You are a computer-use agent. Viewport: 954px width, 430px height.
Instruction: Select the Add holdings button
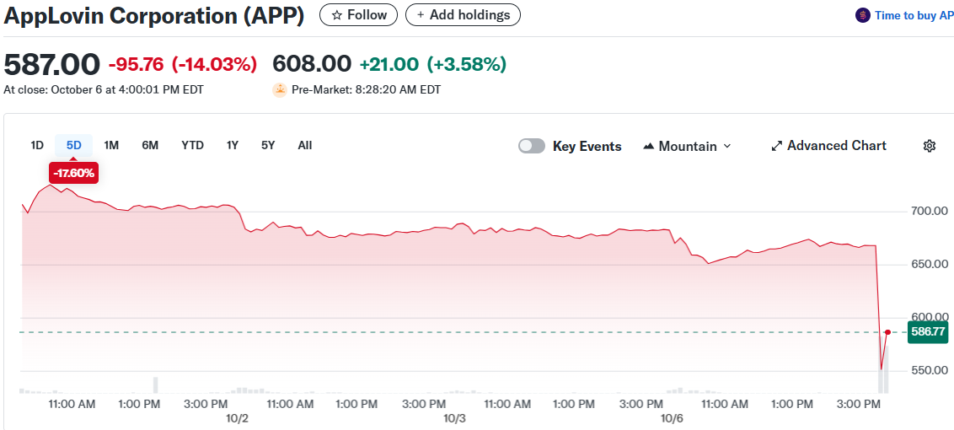pyautogui.click(x=463, y=15)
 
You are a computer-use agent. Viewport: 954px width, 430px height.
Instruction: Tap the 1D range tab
pyautogui.click(x=37, y=145)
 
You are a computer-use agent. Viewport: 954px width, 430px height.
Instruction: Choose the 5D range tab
pyautogui.click(x=74, y=145)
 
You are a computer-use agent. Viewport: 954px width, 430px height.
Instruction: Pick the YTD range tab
pyautogui.click(x=192, y=145)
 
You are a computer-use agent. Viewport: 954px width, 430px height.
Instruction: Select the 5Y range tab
pyautogui.click(x=268, y=145)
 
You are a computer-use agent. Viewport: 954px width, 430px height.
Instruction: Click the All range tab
pyautogui.click(x=305, y=145)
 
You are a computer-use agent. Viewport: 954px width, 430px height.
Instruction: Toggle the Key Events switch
pyautogui.click(x=532, y=146)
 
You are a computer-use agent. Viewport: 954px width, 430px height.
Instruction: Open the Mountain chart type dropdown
pyautogui.click(x=687, y=146)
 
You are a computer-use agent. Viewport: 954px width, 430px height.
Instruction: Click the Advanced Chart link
pyautogui.click(x=828, y=146)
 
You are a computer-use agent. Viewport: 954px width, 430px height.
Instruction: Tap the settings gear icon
pyautogui.click(x=930, y=146)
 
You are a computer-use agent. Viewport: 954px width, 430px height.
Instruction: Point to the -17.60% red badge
pyautogui.click(x=74, y=174)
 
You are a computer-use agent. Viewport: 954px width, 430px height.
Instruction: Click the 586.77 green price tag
pyautogui.click(x=927, y=332)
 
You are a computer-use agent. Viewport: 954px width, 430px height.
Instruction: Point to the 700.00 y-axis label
pyautogui.click(x=930, y=211)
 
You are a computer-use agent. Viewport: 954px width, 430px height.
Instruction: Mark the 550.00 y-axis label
pyautogui.click(x=930, y=371)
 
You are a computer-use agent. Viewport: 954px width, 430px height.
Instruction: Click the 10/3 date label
pyautogui.click(x=455, y=418)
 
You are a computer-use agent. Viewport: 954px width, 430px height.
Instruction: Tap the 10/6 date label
pyautogui.click(x=672, y=418)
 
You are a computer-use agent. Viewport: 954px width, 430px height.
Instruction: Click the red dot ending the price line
pyautogui.click(x=887, y=332)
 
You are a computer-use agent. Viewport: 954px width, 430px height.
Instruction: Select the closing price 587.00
pyautogui.click(x=52, y=65)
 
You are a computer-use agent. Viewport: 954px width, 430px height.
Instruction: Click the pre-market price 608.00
pyautogui.click(x=312, y=65)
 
